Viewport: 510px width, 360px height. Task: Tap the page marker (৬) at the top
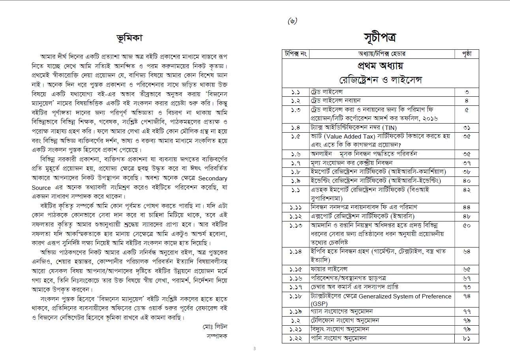click(292, 21)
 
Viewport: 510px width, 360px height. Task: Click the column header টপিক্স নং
click(295, 53)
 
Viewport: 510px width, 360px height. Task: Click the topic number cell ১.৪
click(295, 127)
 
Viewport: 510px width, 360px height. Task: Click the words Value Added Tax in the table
click(347, 136)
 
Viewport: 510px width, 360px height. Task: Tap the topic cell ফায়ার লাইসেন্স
click(328, 270)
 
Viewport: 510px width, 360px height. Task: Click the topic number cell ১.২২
click(295, 338)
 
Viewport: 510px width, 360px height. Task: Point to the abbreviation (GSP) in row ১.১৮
click(319, 304)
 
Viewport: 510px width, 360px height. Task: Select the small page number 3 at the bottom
click(255, 349)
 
